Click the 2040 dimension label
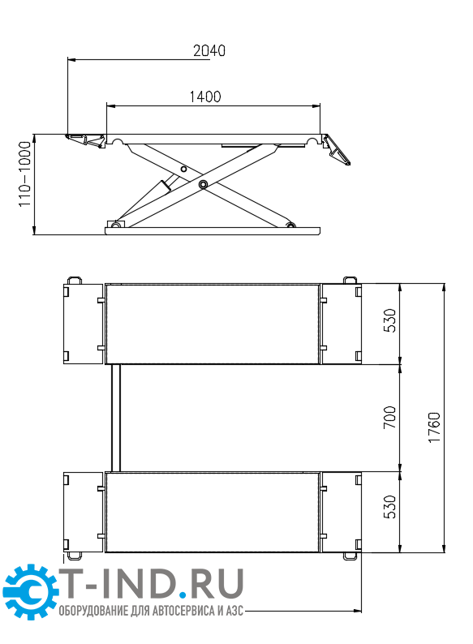coord(209,50)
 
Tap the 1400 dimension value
coord(205,97)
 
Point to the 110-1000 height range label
coord(25,174)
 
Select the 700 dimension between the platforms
coord(389,417)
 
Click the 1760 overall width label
coord(434,427)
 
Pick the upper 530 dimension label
coord(389,320)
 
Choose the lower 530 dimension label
coord(389,507)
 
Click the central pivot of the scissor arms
coord(202,185)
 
